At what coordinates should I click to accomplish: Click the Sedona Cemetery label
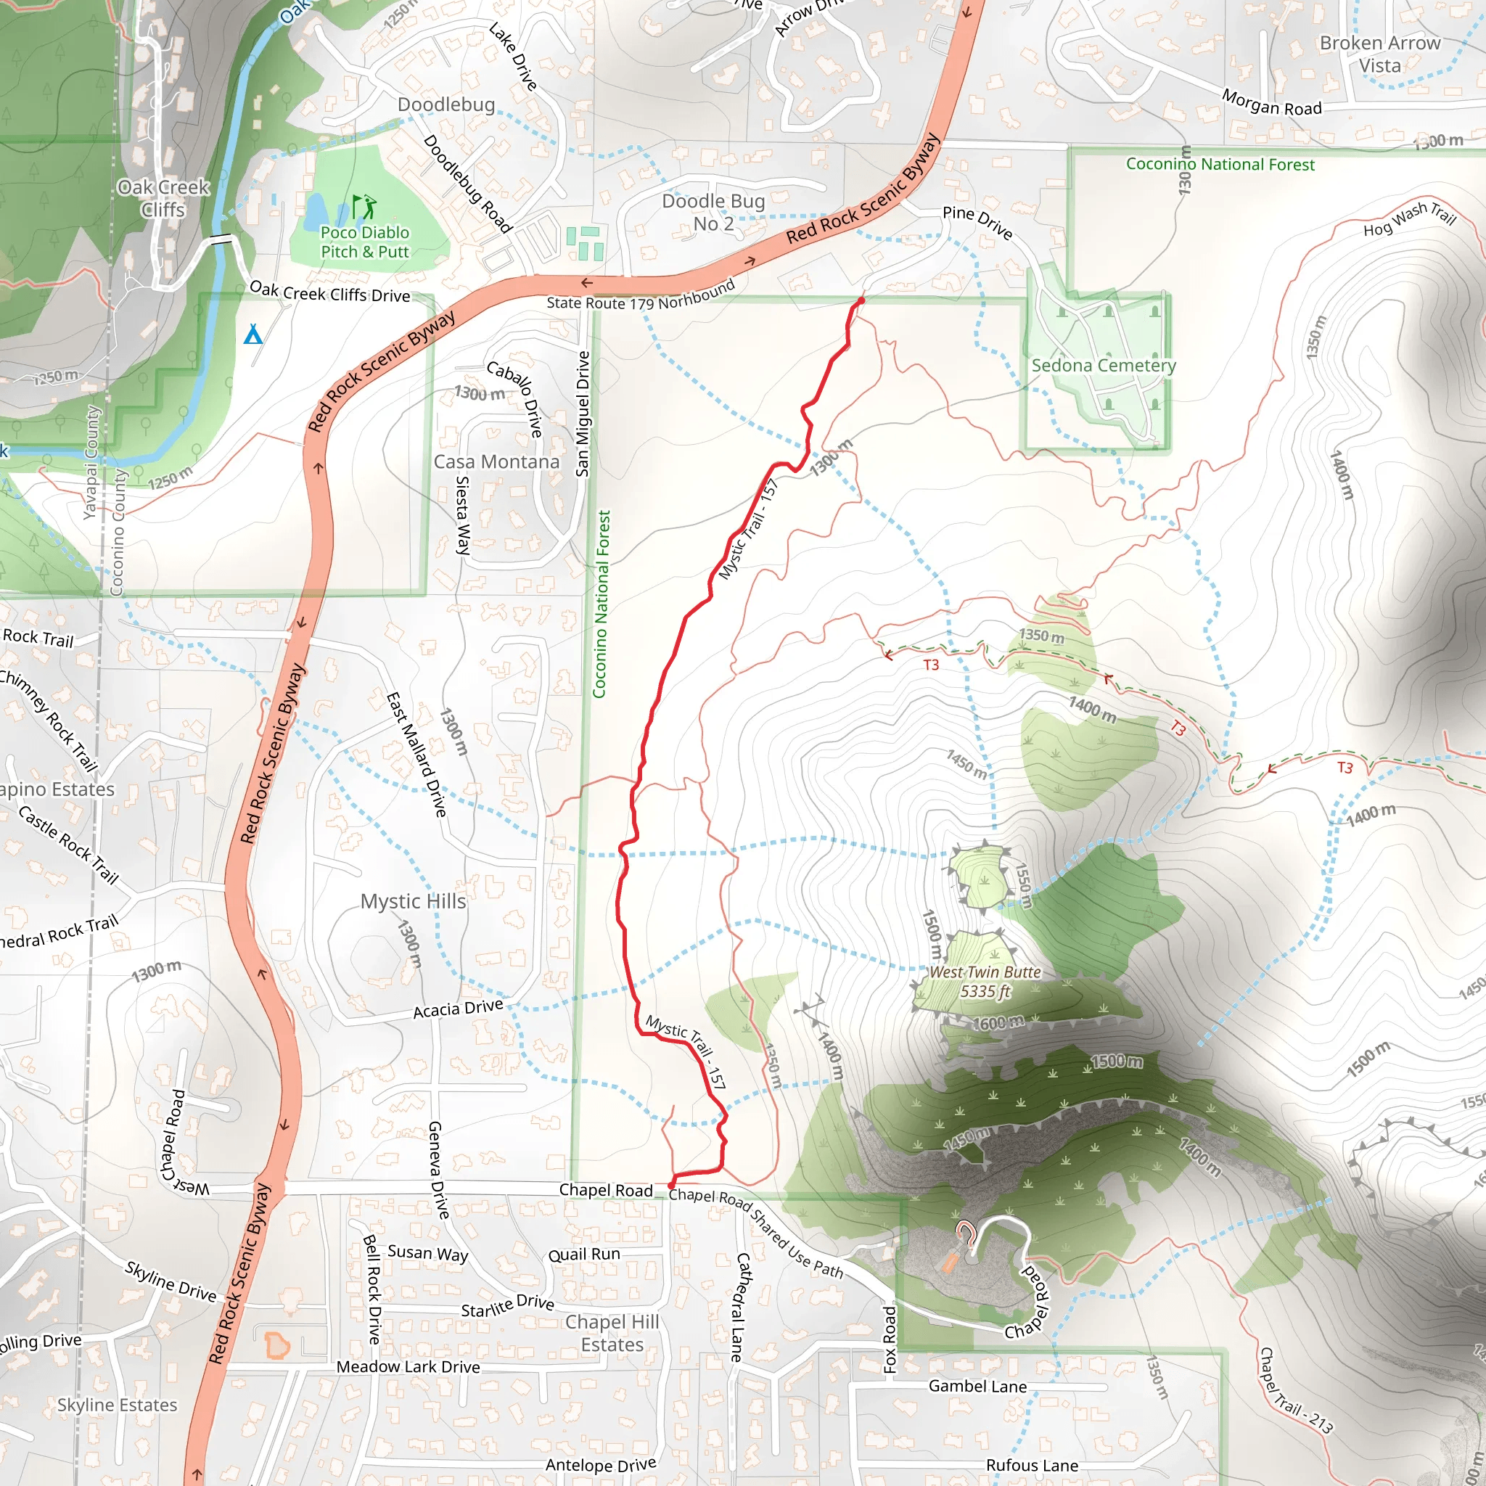[1103, 366]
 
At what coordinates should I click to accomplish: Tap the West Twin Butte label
[985, 982]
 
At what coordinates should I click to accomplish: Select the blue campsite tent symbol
[253, 334]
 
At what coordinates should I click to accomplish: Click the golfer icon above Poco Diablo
[364, 206]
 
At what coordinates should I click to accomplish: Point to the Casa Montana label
[496, 461]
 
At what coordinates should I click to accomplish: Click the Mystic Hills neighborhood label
[413, 900]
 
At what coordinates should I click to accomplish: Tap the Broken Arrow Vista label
[1380, 54]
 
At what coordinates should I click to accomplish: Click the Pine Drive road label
[977, 221]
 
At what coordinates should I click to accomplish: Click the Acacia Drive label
[458, 1009]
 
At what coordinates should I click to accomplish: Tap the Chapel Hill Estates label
[612, 1333]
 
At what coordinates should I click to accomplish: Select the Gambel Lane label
[977, 1386]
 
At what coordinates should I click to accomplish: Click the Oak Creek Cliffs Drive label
[330, 292]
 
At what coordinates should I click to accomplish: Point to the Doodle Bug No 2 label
[713, 213]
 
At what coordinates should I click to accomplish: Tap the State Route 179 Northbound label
[641, 297]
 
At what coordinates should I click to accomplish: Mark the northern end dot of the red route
[861, 300]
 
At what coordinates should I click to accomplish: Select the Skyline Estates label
[117, 1405]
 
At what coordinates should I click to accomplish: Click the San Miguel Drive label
[583, 414]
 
